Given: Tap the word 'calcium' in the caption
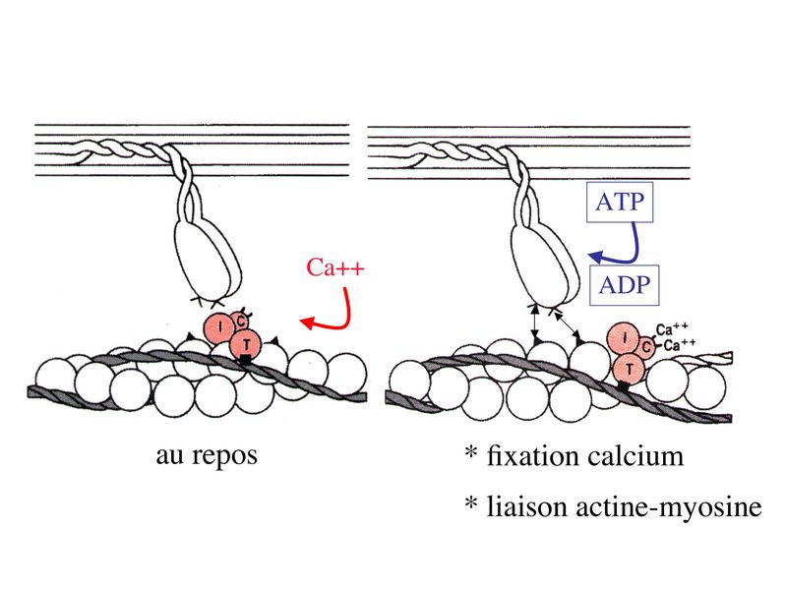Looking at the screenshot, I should (x=635, y=456).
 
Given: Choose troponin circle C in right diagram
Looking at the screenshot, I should (x=646, y=346).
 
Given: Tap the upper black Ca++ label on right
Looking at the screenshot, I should (x=672, y=330).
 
